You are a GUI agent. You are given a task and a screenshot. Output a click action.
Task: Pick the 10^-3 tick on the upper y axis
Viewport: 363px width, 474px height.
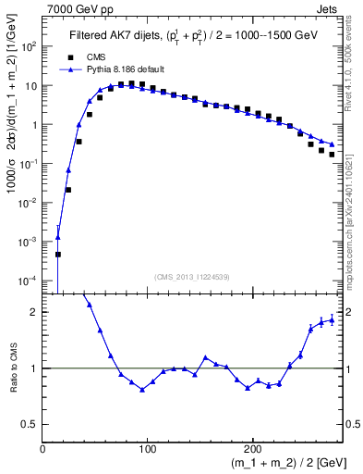pos(27,241)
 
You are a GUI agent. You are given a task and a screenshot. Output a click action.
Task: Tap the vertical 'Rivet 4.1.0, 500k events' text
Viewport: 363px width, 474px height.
pos(354,74)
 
